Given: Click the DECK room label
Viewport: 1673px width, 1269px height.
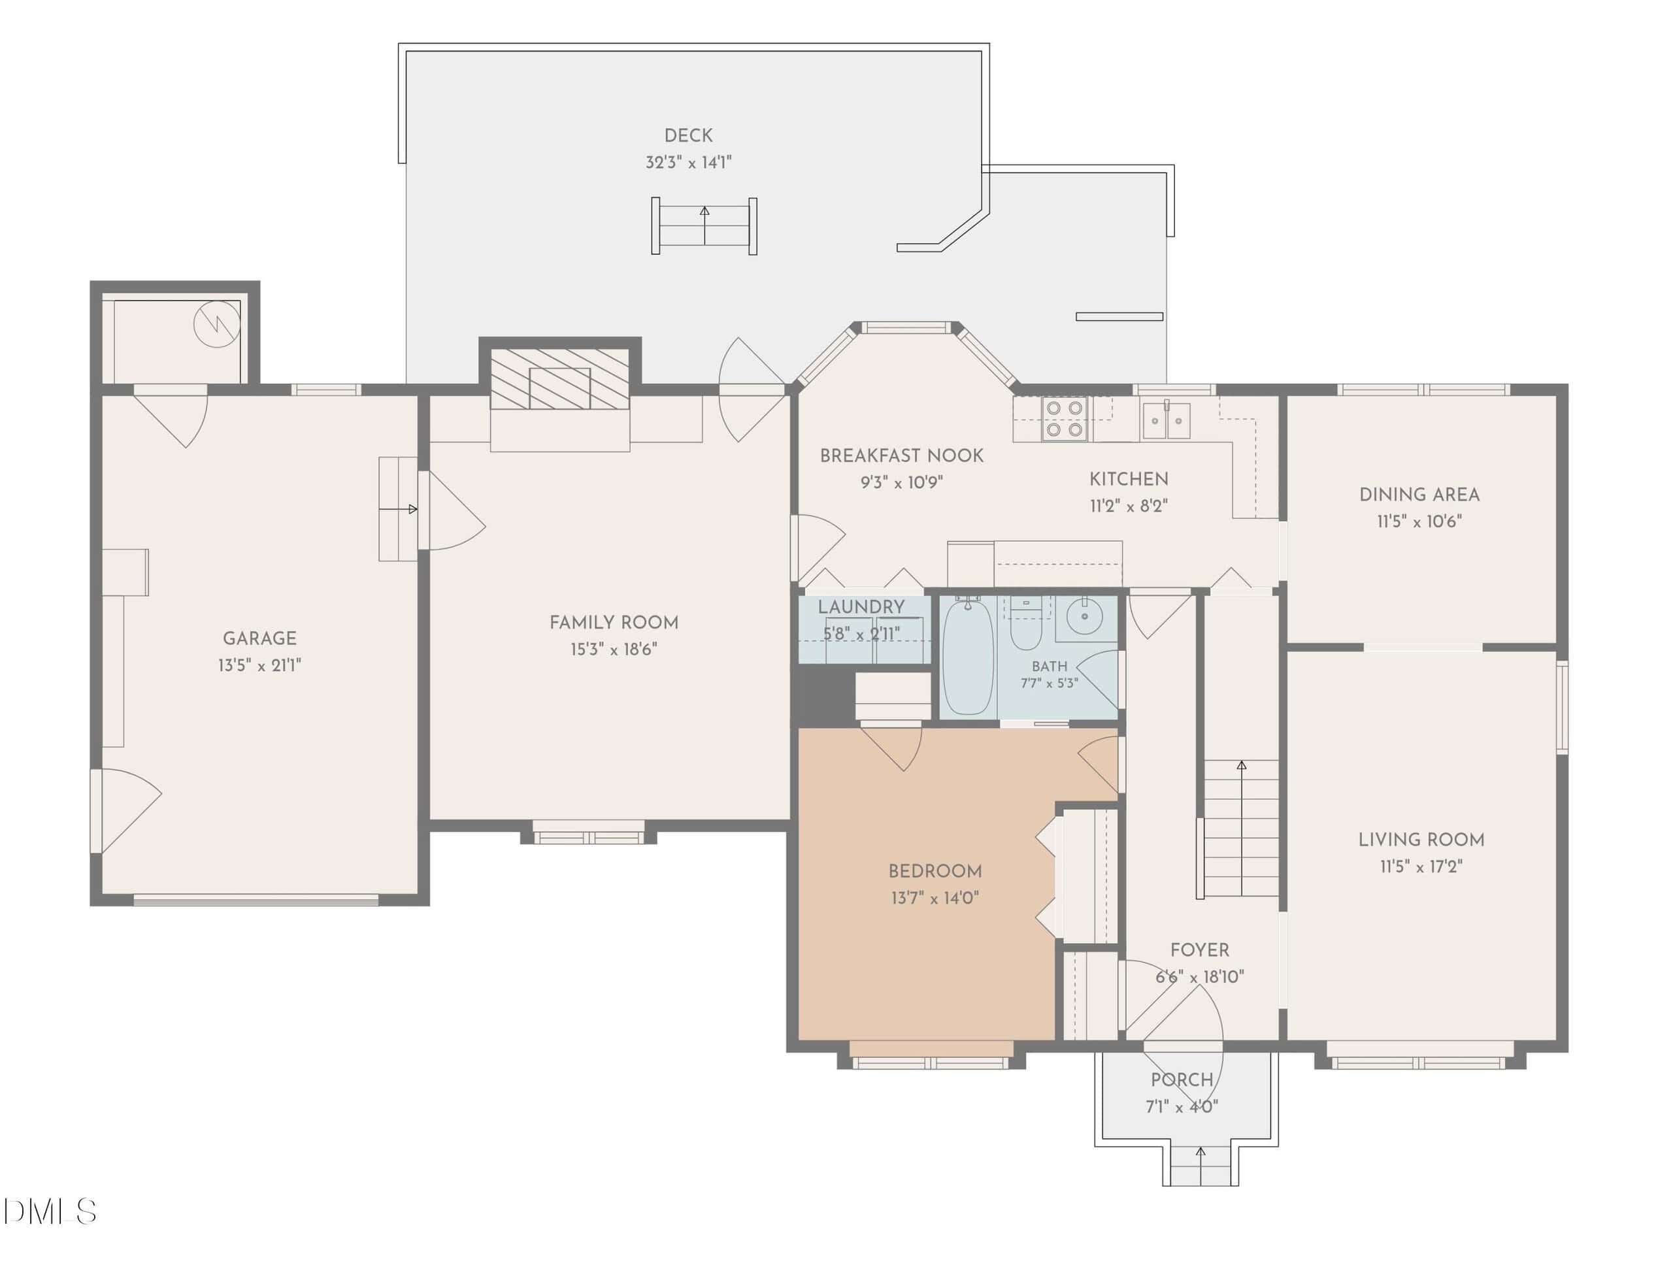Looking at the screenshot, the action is click(687, 135).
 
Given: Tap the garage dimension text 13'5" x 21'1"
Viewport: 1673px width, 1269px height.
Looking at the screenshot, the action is click(259, 665).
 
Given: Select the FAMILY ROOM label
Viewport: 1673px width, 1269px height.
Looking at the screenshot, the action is click(614, 622).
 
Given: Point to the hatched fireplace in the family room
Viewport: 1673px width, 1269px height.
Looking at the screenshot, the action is click(559, 379).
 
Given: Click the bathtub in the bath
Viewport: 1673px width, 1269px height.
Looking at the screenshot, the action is click(968, 655).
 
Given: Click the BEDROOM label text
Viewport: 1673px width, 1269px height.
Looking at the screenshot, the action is click(935, 871).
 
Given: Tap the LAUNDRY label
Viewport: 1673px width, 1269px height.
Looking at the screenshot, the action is click(861, 606).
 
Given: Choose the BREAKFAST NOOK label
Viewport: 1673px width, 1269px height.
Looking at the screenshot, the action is click(902, 455).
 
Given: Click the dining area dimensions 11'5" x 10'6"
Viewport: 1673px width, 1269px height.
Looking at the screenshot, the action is click(1419, 521).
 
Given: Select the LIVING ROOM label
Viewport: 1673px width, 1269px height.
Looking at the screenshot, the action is click(1421, 840).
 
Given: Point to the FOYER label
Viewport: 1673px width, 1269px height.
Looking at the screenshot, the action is click(1200, 950).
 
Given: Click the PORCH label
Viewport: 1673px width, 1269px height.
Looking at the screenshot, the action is click(1182, 1080).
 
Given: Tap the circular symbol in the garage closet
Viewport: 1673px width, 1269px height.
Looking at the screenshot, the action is click(217, 324).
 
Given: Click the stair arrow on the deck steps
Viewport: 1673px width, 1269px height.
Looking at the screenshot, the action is click(705, 225).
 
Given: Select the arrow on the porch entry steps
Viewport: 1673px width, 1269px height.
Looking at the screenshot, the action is click(1201, 1165).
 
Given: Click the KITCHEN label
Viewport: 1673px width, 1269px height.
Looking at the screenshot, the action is click(1129, 479).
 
